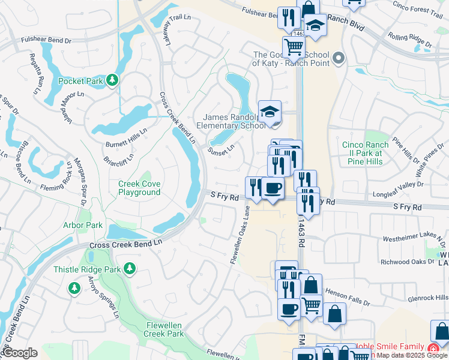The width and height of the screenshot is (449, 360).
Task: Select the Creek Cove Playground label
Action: pyautogui.click(x=139, y=188)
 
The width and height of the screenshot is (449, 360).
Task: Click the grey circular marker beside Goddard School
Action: pyautogui.click(x=338, y=58)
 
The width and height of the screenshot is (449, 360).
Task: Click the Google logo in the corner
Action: pyautogui.click(x=19, y=353)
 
